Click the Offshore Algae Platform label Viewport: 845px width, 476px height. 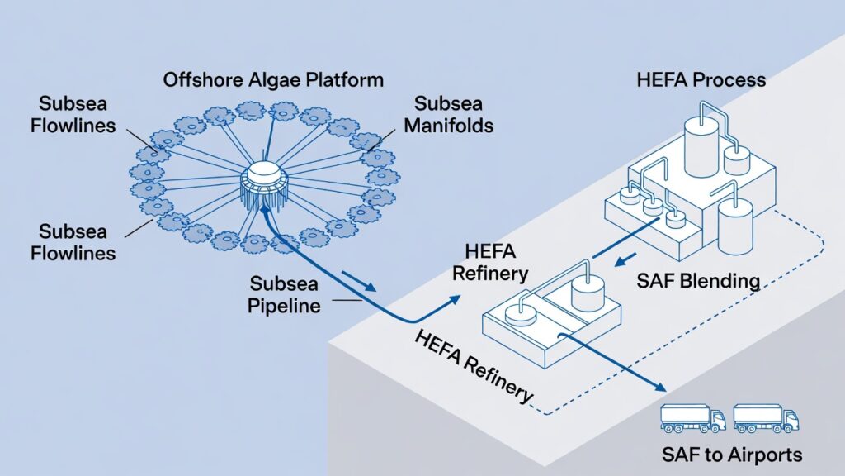point(273,80)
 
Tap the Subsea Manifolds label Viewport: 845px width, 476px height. point(454,115)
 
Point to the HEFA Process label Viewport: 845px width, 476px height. point(701,80)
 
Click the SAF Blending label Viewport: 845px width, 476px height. point(698,280)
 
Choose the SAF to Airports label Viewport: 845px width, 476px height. point(731,455)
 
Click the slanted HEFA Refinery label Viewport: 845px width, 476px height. point(474,366)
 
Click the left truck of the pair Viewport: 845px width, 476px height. point(692,418)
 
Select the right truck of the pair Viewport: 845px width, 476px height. point(766,418)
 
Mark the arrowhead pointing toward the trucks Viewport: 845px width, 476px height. point(659,387)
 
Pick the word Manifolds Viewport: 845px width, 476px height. point(454,126)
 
